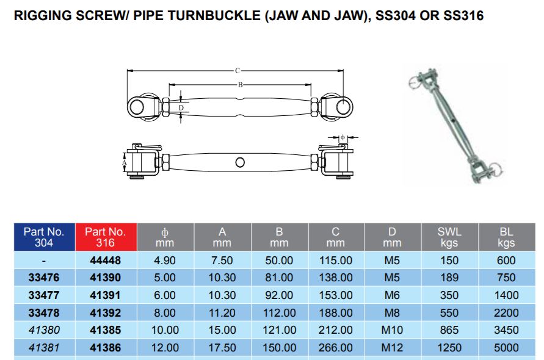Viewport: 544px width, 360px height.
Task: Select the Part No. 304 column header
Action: (44, 237)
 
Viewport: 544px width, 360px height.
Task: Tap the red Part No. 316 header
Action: (105, 237)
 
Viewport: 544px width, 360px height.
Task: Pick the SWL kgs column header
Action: (449, 237)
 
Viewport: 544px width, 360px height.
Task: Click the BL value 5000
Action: (507, 348)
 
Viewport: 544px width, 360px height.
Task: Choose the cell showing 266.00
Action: (336, 348)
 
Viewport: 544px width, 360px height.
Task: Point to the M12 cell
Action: (393, 348)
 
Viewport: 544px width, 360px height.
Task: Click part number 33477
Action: (44, 295)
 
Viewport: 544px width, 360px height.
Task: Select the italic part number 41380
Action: (44, 330)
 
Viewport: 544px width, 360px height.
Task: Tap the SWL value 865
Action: (449, 330)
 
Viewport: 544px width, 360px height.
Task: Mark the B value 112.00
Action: (279, 312)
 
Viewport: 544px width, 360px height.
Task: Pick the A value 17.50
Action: (222, 348)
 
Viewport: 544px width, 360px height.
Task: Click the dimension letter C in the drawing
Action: (237, 71)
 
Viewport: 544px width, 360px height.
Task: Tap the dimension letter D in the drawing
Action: (181, 108)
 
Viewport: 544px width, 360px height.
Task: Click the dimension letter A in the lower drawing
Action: (125, 163)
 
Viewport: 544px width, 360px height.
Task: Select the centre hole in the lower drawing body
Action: (240, 162)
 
